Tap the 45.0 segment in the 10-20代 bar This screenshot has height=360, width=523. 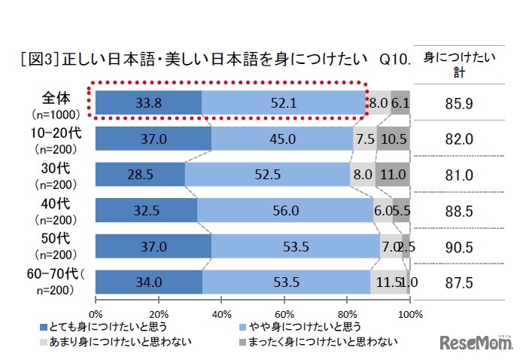pyautogui.click(x=282, y=139)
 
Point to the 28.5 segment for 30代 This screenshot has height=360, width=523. pyautogui.click(x=140, y=175)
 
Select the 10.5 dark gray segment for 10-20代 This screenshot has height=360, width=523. pyautogui.click(x=393, y=139)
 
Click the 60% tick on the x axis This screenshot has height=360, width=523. pyautogui.click(x=284, y=313)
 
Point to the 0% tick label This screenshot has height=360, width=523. pyautogui.click(x=96, y=313)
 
